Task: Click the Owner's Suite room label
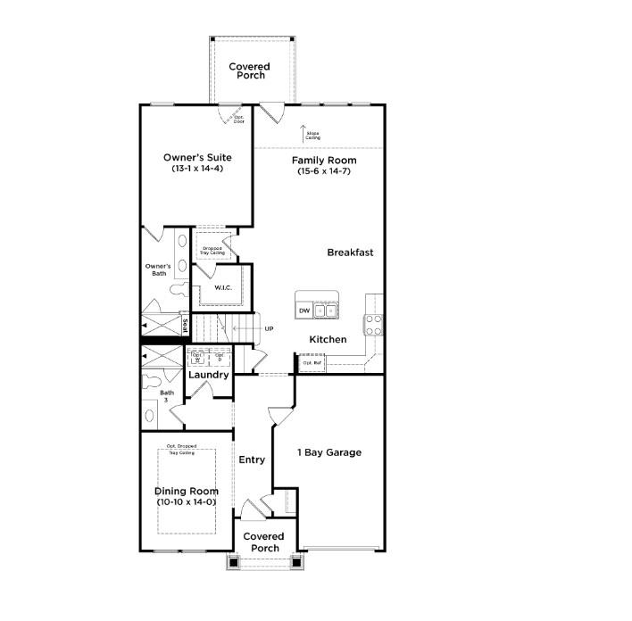(197, 157)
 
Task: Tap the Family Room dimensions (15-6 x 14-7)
(324, 170)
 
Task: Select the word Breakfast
(350, 253)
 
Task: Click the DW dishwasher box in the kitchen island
(304, 310)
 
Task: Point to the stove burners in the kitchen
(373, 324)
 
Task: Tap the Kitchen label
(328, 340)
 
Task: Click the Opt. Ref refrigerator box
(312, 363)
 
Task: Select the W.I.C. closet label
(223, 287)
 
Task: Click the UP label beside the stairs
(269, 328)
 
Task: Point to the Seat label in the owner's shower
(185, 326)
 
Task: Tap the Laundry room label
(209, 375)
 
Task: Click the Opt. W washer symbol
(198, 357)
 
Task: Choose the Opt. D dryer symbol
(220, 357)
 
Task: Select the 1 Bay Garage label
(329, 452)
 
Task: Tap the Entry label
(252, 460)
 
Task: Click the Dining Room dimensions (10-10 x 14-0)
(186, 502)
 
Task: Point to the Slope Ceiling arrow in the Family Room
(303, 132)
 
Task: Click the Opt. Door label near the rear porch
(239, 118)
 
